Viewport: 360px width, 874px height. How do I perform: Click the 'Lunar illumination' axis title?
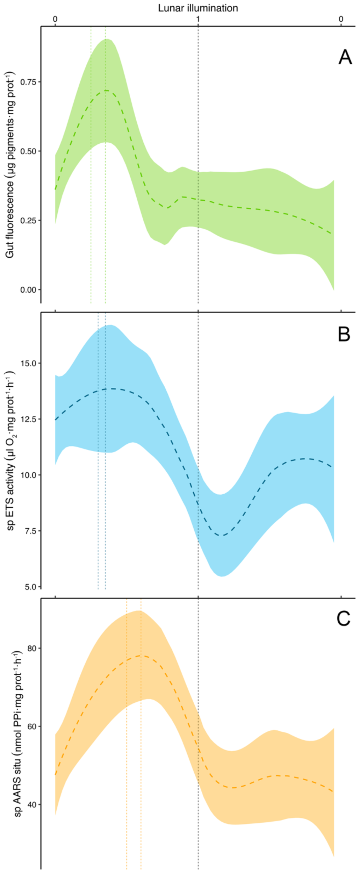pos(198,8)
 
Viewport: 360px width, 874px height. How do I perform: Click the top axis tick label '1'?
pos(198,19)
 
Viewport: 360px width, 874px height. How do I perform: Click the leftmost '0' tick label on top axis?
pos(55,19)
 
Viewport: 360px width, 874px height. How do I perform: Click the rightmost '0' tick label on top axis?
pos(341,19)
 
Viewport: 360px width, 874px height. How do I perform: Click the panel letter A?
pos(345,57)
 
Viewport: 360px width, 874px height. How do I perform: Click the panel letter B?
pos(344,334)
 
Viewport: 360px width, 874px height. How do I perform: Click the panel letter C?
pos(343,619)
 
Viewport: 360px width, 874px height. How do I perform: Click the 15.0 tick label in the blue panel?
pos(29,363)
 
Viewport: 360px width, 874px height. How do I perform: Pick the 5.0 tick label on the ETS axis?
pos(30,587)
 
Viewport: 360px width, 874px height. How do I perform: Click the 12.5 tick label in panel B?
pos(29,419)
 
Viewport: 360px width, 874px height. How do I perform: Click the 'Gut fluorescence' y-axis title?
pos(10,164)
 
